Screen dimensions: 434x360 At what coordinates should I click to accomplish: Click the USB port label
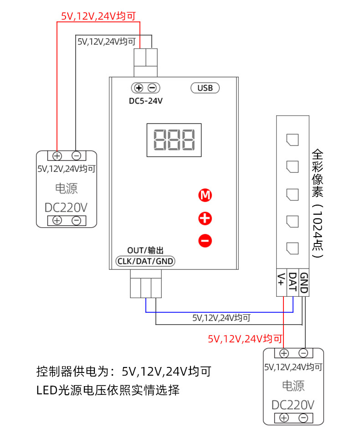[x=205, y=88]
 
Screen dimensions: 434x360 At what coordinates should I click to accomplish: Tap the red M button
[x=206, y=196]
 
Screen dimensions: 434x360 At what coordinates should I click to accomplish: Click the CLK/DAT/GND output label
[x=145, y=261]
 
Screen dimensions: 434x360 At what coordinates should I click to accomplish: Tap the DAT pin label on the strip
[x=293, y=281]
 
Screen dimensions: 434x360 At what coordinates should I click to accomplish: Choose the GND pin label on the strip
[x=304, y=282]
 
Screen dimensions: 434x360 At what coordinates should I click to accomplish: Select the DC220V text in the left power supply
[x=66, y=207]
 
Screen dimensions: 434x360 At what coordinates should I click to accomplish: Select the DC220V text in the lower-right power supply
[x=293, y=405]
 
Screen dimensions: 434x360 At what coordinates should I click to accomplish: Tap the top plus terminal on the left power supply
[x=57, y=155]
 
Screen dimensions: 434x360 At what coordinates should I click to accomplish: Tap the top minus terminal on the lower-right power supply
[x=303, y=353]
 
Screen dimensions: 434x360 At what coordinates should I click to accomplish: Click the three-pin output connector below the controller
[x=145, y=283]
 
